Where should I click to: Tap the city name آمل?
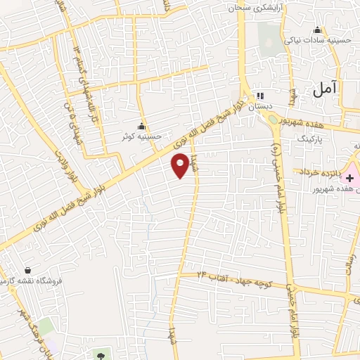(x=326, y=89)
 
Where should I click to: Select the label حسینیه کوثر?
(x=143, y=136)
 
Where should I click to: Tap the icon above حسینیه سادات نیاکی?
(x=317, y=30)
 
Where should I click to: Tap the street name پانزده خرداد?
(x=318, y=172)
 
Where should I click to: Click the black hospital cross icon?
(x=349, y=178)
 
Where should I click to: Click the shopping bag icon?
(x=27, y=269)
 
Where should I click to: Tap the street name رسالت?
(x=348, y=266)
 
